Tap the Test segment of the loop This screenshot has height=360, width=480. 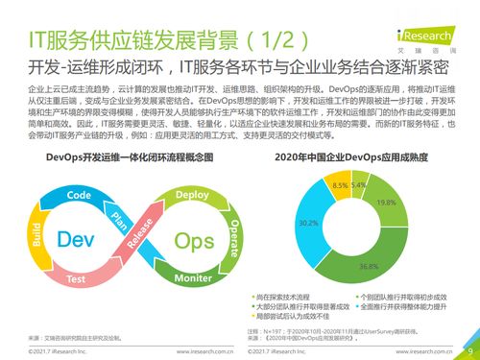pos(74,279)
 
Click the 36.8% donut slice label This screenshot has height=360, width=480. pos(368,266)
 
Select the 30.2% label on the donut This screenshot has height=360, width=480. pos(310,223)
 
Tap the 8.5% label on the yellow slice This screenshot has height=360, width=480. pos(340,184)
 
